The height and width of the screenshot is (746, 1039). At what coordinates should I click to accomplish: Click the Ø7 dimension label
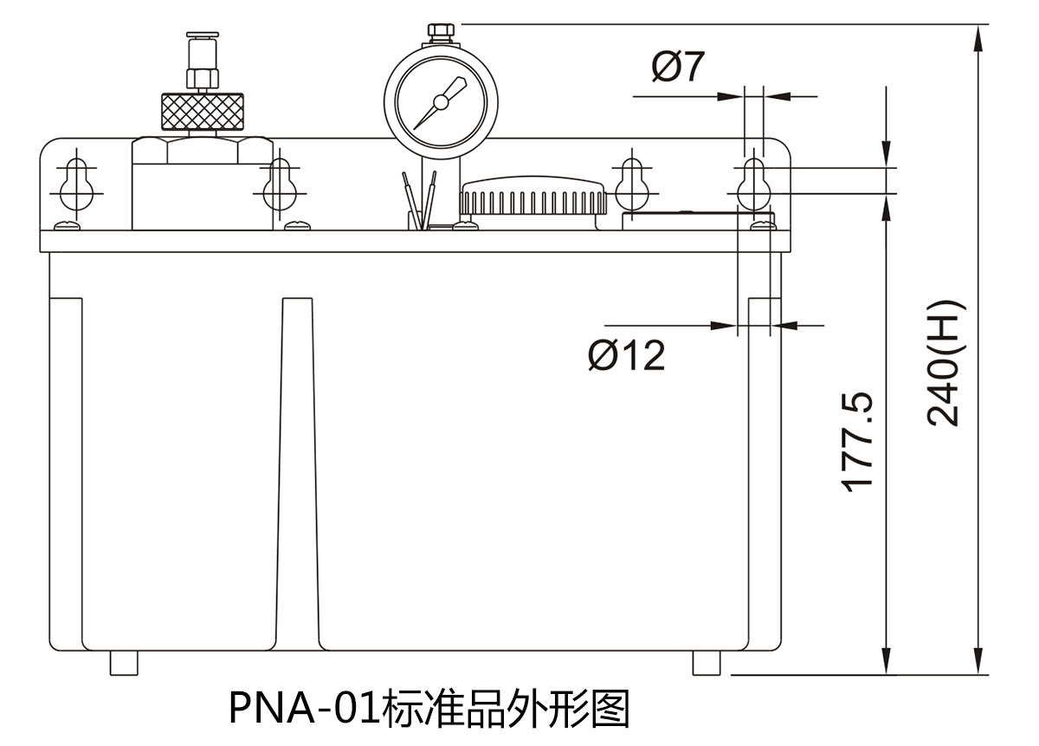coord(681,67)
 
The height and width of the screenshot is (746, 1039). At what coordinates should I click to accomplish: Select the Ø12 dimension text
coord(626,354)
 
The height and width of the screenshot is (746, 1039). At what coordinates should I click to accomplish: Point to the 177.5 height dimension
coord(858,443)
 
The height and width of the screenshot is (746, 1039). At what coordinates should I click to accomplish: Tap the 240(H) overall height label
coord(944,363)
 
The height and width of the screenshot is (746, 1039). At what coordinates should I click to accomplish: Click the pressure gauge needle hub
coord(441,102)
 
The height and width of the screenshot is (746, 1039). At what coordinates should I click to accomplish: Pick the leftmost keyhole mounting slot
coord(76,183)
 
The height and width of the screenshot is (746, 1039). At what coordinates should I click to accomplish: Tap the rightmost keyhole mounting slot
coord(755,183)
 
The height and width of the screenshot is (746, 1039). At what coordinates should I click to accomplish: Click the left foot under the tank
coord(124,663)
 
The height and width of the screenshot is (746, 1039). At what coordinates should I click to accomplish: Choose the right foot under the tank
coord(707,663)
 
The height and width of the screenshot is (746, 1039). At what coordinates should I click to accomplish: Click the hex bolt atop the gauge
coord(440,33)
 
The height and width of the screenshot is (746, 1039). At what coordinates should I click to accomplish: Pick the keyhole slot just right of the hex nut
coord(279,183)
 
